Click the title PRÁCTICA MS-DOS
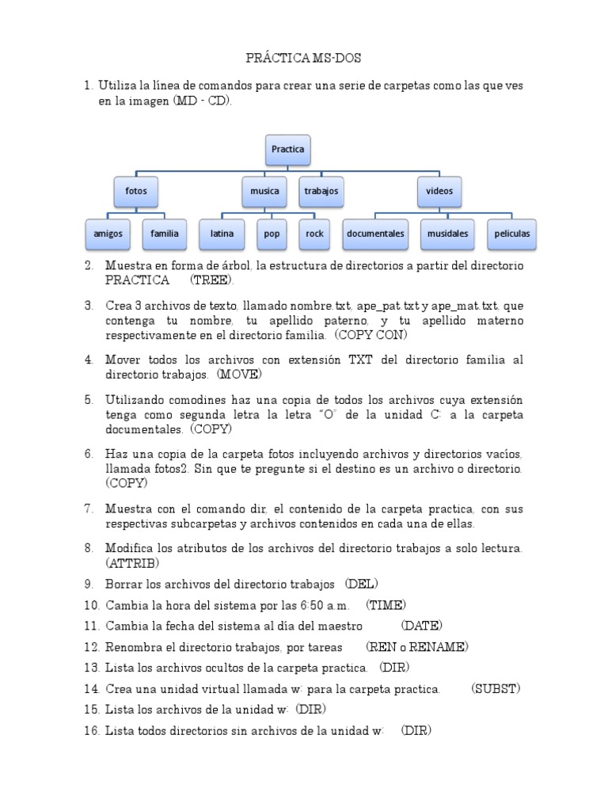(x=303, y=59)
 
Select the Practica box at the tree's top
(x=287, y=149)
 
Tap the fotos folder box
(x=136, y=192)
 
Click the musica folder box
(x=264, y=192)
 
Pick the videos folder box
(x=439, y=192)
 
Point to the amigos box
(x=108, y=234)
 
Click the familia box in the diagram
(x=165, y=234)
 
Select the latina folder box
(x=222, y=234)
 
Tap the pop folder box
(x=272, y=234)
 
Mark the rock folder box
(x=315, y=234)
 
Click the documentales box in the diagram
(x=375, y=234)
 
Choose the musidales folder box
(x=447, y=234)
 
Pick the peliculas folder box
(x=511, y=234)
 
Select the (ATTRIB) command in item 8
(x=132, y=563)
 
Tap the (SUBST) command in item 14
(x=496, y=688)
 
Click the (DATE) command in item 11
(x=421, y=626)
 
